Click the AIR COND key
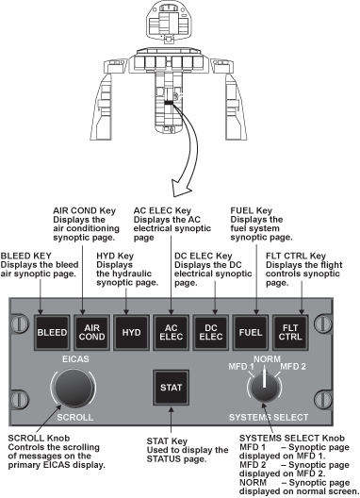point(91,333)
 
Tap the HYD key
point(131,333)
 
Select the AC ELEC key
point(172,333)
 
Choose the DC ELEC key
point(211,333)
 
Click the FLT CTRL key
point(290,333)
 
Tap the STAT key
point(172,388)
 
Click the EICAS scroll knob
point(74,388)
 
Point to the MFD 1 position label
point(241,367)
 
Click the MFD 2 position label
point(293,367)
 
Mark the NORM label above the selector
point(267,359)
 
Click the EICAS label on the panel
point(75,359)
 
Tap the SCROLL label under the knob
point(74,417)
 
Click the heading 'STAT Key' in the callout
point(167,441)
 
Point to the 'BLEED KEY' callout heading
point(26,256)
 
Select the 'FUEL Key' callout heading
point(252,210)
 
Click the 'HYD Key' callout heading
point(115,256)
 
